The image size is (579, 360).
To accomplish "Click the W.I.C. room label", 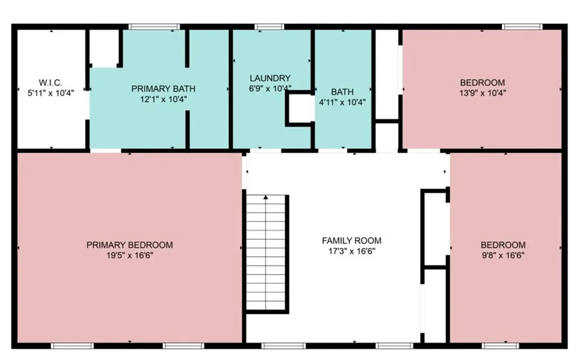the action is click(50, 83).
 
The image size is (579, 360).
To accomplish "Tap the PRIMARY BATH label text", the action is click(163, 89).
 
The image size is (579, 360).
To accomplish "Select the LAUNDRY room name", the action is click(270, 79).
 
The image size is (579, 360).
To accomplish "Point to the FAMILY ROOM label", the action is click(352, 241).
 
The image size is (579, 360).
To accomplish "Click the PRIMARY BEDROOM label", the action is click(129, 245).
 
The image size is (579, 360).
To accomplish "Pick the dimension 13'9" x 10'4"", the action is click(482, 93).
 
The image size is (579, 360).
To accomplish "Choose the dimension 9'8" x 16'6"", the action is click(503, 255).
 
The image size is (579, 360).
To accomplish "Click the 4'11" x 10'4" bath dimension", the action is click(342, 102).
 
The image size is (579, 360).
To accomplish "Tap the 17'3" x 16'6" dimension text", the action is click(352, 251).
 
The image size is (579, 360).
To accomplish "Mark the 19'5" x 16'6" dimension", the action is click(129, 255).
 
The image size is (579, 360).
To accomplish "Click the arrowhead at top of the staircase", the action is click(266, 198).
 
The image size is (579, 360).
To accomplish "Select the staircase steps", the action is click(266, 253).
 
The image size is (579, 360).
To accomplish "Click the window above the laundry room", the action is click(269, 27).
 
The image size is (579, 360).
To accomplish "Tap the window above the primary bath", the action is click(154, 27).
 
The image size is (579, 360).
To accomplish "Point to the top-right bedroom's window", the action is click(522, 27).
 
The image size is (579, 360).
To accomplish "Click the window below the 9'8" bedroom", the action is click(500, 346).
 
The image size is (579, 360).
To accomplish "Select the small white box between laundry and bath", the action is click(301, 108).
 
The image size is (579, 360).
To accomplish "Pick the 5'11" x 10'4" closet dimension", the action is click(50, 93).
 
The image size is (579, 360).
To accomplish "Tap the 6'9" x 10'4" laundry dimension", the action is click(270, 89).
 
